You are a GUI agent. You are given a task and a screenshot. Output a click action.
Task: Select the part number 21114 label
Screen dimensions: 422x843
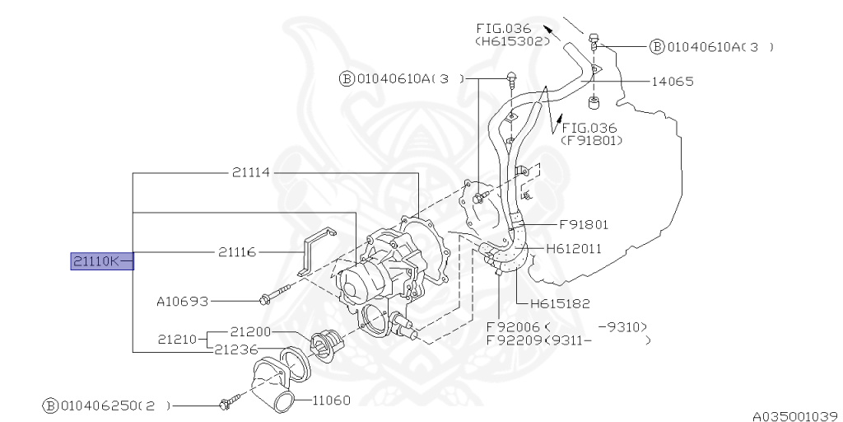click(x=251, y=173)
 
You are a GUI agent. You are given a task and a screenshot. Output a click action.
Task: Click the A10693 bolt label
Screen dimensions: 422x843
click(x=182, y=302)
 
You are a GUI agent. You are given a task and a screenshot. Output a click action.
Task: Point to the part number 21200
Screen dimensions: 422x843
click(x=251, y=331)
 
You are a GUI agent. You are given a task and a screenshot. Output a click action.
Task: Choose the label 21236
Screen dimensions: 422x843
click(x=235, y=350)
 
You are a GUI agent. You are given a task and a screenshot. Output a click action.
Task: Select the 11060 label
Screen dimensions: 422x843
click(x=331, y=401)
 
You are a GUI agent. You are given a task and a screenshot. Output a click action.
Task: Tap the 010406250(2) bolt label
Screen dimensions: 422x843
click(x=107, y=406)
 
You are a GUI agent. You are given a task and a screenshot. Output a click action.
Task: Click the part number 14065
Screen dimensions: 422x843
click(x=673, y=82)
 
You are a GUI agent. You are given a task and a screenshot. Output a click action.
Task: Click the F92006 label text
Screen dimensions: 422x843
click(x=509, y=326)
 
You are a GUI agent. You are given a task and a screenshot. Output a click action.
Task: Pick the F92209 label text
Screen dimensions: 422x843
click(x=510, y=340)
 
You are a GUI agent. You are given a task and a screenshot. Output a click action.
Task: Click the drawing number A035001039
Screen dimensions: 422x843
click(x=794, y=415)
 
